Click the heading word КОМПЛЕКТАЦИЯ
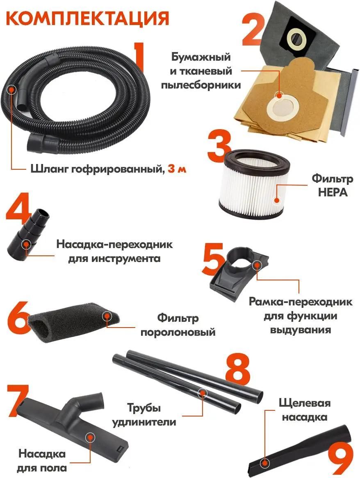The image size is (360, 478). pyautogui.click(x=87, y=18)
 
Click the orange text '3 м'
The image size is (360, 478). pyautogui.click(x=177, y=169)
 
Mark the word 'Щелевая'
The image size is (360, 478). pyautogui.click(x=304, y=403)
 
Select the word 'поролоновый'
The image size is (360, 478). pyautogui.click(x=178, y=332)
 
